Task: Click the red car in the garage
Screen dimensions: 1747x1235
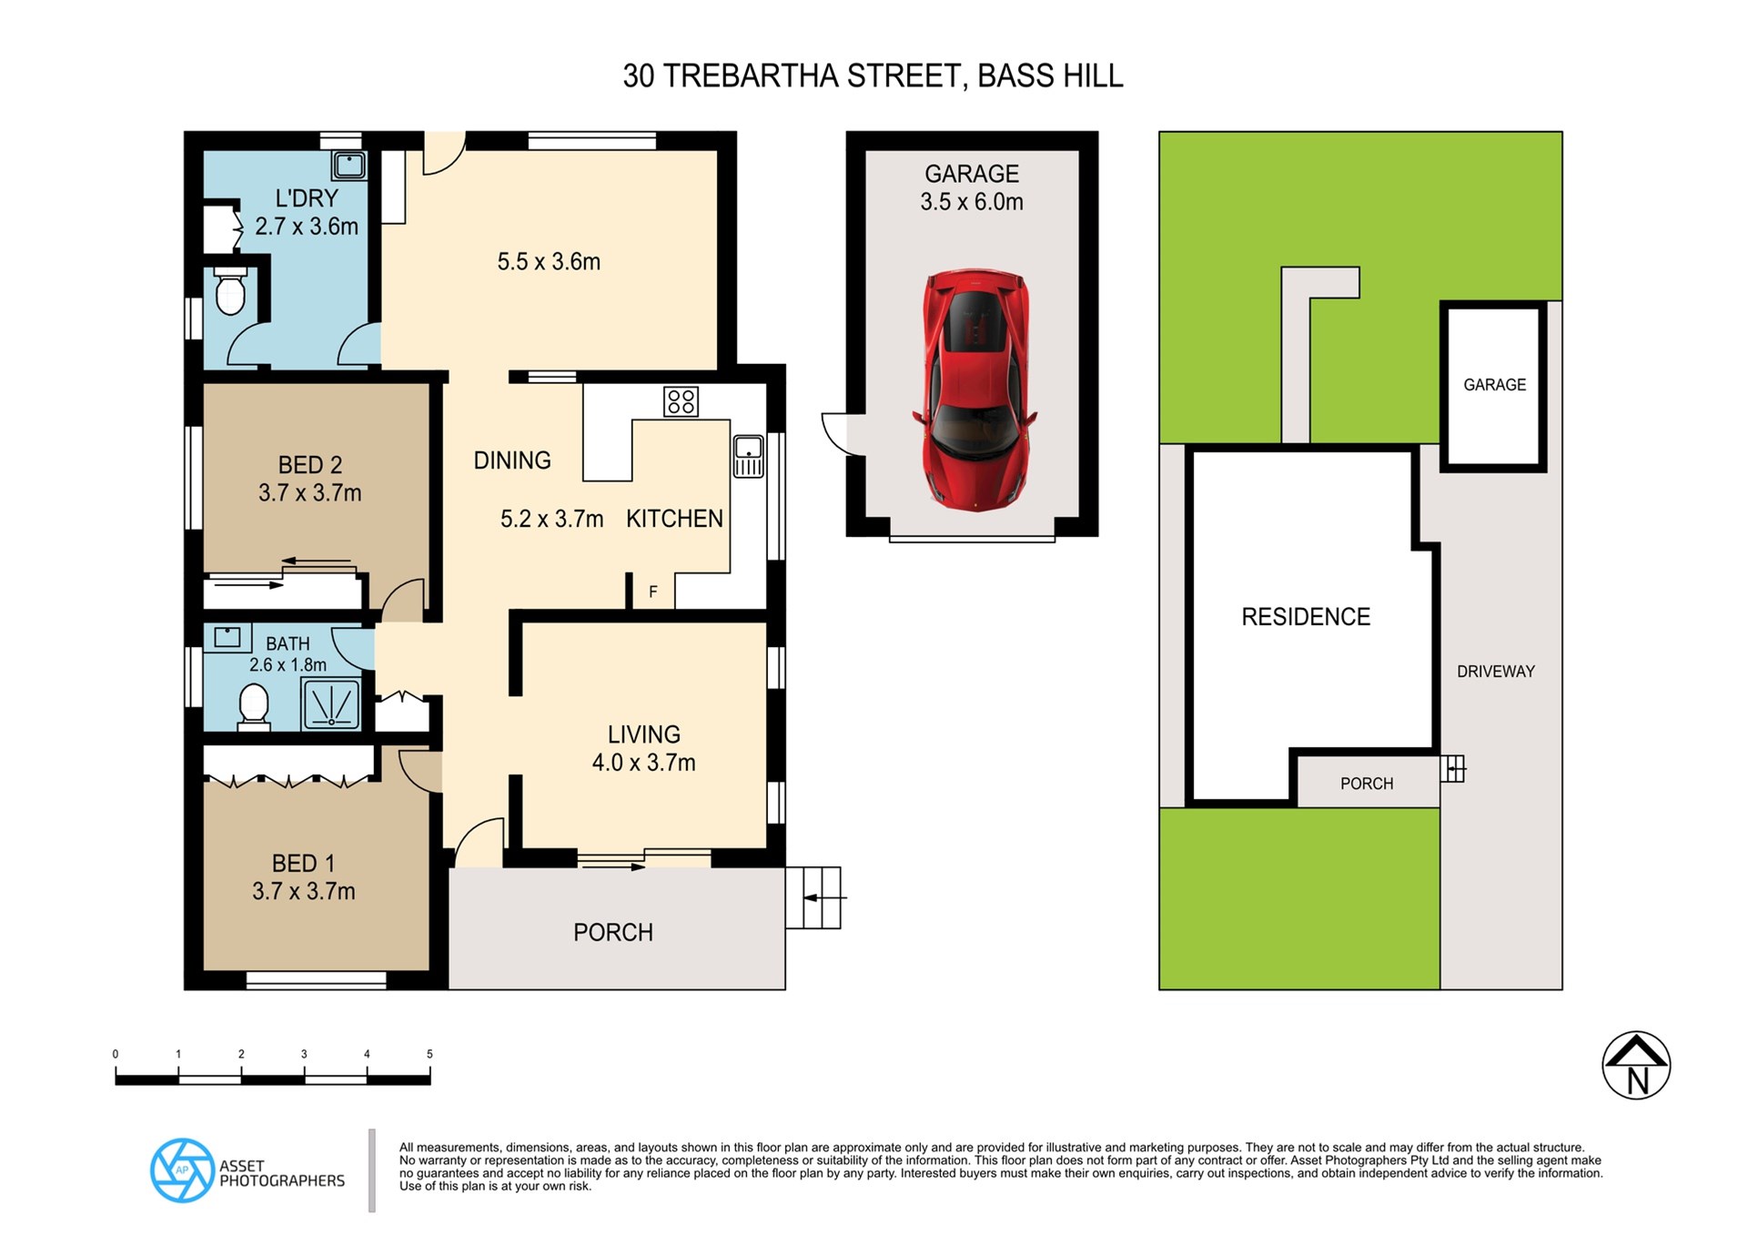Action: click(x=974, y=389)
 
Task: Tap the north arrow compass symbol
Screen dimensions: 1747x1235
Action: click(x=1636, y=1066)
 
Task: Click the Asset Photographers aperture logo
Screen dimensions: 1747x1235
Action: click(x=183, y=1170)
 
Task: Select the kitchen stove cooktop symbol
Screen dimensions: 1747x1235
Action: click(x=681, y=401)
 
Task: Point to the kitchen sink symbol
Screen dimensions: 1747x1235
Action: click(x=749, y=456)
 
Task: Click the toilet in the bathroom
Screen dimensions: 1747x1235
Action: click(x=254, y=707)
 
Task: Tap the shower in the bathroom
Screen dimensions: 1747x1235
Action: click(x=330, y=704)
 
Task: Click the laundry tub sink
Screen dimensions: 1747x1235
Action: click(x=349, y=165)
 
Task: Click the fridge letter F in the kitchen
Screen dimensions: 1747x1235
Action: click(x=653, y=592)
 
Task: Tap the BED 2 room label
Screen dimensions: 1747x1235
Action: click(x=310, y=465)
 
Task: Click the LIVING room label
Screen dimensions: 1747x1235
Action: click(x=644, y=734)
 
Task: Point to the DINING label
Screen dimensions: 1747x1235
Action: click(x=512, y=461)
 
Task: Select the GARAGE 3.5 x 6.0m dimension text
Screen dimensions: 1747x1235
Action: click(x=972, y=202)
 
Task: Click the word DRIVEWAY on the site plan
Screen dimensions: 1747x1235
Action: click(x=1496, y=672)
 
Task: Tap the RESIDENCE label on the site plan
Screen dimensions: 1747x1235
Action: click(x=1306, y=617)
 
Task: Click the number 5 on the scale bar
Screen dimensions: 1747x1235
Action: click(x=429, y=1054)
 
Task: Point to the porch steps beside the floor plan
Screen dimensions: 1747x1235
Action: click(x=813, y=898)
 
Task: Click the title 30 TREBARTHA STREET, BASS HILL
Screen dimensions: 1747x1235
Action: click(x=873, y=76)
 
